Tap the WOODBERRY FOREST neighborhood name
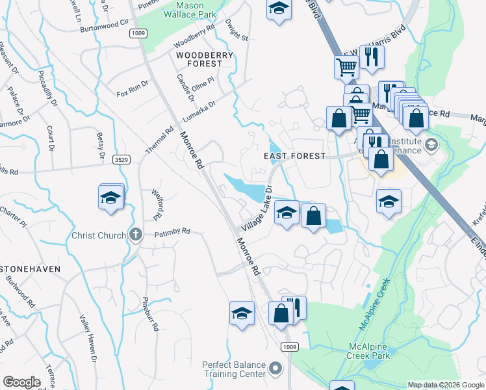click(205, 60)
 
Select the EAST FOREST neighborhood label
click(294, 156)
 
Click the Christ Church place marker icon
click(135, 235)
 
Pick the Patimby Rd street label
click(172, 231)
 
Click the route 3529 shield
click(119, 159)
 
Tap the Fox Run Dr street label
click(133, 88)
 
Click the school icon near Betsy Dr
click(111, 196)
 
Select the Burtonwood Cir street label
click(101, 29)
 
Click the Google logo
click(22, 382)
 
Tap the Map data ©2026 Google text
click(445, 385)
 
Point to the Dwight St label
click(237, 29)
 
